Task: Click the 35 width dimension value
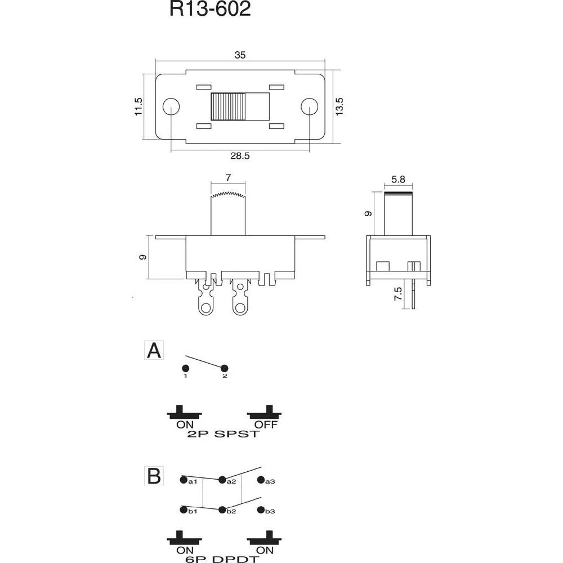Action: tap(240, 55)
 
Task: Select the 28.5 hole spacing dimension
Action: tap(240, 156)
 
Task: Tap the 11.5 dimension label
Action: tap(139, 106)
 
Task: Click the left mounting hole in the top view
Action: tap(171, 106)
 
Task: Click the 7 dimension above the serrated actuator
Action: tap(228, 178)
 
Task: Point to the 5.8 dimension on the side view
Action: tap(399, 180)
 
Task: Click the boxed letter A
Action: tap(154, 351)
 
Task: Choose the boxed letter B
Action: tap(154, 476)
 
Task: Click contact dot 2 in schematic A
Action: tap(224, 368)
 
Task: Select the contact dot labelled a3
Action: tap(261, 480)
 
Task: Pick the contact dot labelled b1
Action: tap(184, 510)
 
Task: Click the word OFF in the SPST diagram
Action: tap(265, 425)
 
